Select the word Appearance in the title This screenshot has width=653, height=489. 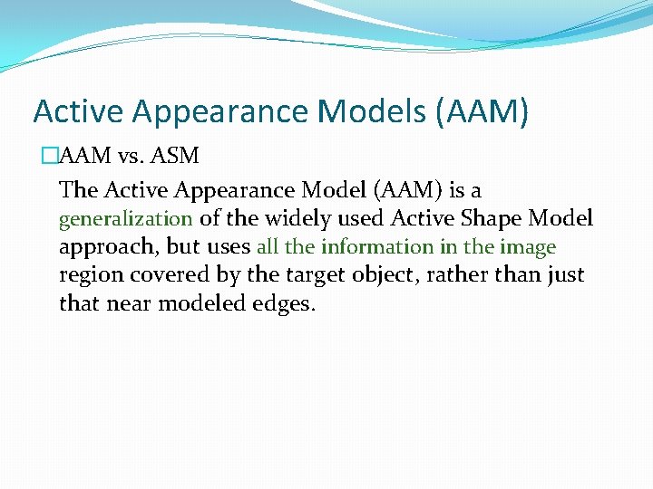(x=220, y=111)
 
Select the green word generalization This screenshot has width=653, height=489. (x=125, y=218)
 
